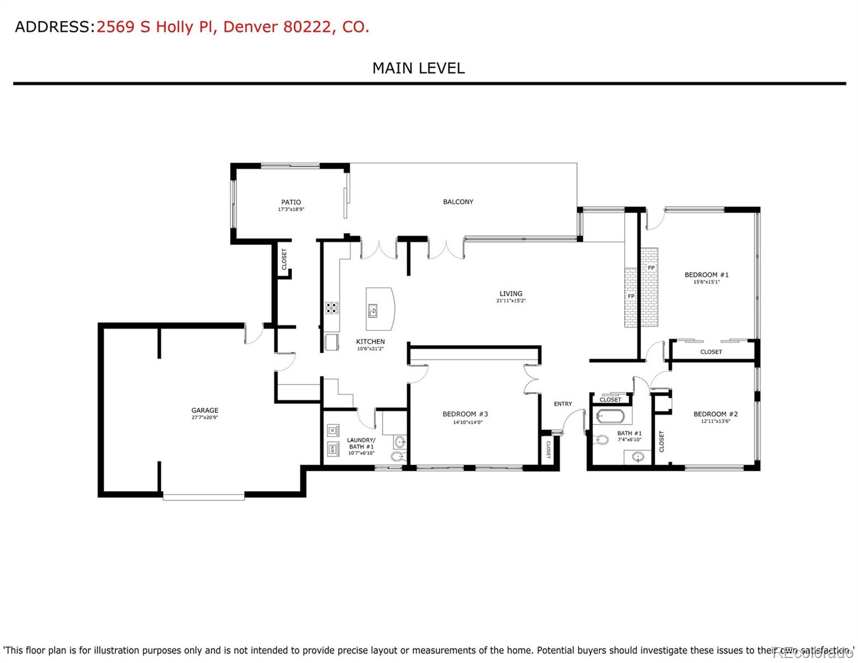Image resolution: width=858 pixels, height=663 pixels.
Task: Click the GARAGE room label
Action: coord(204,410)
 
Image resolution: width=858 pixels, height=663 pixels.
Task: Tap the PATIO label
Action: coord(291,202)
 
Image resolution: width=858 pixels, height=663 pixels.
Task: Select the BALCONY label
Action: coord(458,202)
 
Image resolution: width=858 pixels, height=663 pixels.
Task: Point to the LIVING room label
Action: coord(510,293)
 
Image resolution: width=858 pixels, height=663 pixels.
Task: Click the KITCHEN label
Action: coord(370,341)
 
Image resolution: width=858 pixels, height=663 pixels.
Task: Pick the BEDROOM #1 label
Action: coord(706,275)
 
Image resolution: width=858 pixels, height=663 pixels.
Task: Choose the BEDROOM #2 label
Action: coord(715,414)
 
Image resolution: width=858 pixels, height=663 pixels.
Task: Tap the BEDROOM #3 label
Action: coord(465,414)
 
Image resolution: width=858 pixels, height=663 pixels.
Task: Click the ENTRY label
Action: coord(563,404)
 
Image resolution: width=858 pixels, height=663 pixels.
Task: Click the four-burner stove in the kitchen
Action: coord(331,308)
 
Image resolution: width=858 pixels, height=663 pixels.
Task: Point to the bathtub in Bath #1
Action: coord(610,416)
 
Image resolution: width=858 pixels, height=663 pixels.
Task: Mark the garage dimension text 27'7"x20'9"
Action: coord(204,418)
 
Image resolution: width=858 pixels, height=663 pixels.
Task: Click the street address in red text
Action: coord(233,27)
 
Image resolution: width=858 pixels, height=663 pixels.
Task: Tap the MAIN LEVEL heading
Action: coord(418,68)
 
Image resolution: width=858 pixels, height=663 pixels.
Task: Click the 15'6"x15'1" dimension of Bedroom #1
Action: coord(706,282)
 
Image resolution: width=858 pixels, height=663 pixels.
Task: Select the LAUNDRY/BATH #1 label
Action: coord(361,443)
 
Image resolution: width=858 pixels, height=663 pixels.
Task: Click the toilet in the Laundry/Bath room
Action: coord(397,456)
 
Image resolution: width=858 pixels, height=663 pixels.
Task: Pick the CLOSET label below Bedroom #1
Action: coord(711,351)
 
